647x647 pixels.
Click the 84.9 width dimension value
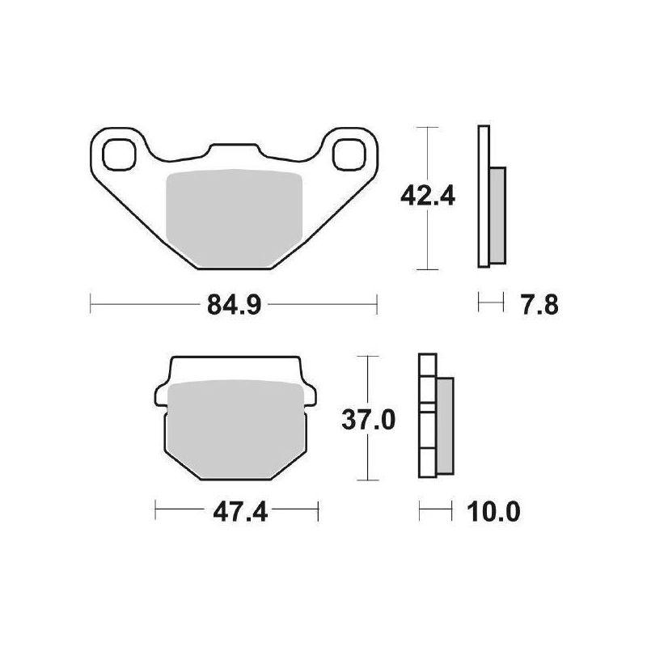(234, 306)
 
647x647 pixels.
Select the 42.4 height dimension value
(428, 196)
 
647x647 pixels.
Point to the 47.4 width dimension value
(240, 512)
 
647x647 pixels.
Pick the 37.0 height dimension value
(369, 420)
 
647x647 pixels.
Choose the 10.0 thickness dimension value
(493, 512)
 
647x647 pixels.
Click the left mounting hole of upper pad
(119, 154)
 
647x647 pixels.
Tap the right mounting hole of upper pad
(349, 154)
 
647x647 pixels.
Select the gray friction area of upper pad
(234, 218)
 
